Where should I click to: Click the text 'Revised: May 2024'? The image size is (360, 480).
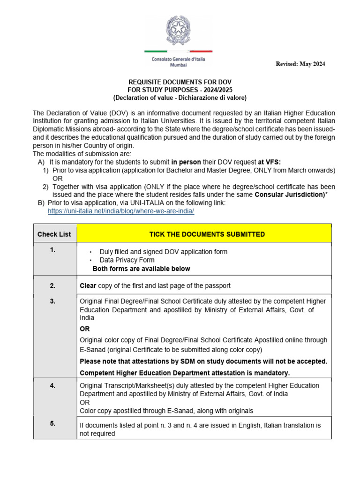(300, 64)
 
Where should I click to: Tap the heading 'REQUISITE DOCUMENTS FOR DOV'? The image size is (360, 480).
(180, 82)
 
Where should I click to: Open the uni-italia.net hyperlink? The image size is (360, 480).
(121, 211)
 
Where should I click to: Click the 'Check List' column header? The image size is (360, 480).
(54, 234)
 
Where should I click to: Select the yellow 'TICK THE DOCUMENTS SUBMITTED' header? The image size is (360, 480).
(207, 234)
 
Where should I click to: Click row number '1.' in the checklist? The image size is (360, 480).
(52, 250)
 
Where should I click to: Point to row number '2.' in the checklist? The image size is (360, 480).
(52, 285)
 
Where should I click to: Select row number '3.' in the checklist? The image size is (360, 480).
(52, 301)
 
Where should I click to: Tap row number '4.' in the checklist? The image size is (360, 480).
(52, 385)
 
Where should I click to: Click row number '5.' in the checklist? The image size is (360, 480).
(52, 423)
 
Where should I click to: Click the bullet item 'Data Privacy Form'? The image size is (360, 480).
(127, 260)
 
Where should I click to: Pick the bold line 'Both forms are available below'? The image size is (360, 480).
(141, 269)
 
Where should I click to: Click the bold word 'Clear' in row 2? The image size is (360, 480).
(88, 285)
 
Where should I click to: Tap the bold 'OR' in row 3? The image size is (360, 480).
(85, 329)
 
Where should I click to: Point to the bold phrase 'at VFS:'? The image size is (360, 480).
(270, 161)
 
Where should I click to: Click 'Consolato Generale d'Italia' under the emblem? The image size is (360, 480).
(178, 60)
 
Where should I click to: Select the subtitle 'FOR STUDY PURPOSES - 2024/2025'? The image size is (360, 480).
(180, 90)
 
